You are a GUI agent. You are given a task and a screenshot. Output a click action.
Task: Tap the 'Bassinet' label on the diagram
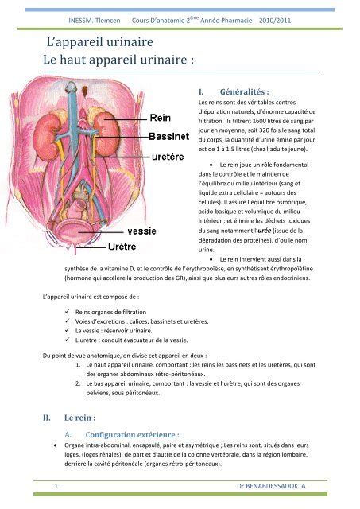click(x=168, y=136)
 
